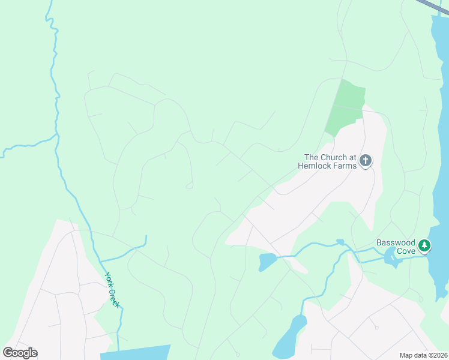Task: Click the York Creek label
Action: click(x=112, y=290)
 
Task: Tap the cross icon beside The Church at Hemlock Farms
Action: click(x=366, y=161)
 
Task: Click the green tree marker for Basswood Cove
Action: click(x=425, y=245)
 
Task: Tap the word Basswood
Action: click(x=396, y=242)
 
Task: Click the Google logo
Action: click(x=20, y=353)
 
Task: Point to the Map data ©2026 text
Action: click(x=423, y=355)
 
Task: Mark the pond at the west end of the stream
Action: click(x=267, y=261)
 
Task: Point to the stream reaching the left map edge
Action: click(x=18, y=146)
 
